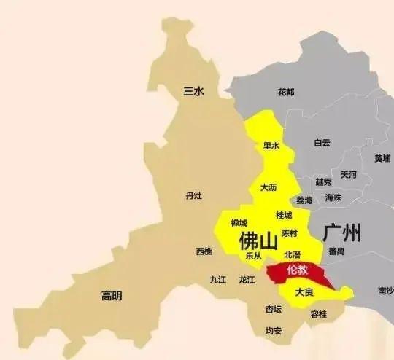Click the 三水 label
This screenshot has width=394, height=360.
click(x=193, y=91)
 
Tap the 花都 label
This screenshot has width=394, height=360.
click(x=286, y=93)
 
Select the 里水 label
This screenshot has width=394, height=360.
click(x=271, y=146)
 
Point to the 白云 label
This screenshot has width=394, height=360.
click(x=322, y=143)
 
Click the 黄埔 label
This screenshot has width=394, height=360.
click(x=382, y=158)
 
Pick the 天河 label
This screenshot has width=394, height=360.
click(x=349, y=175)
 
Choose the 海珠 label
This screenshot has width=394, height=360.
click(x=333, y=197)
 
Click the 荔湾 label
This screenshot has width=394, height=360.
click(x=304, y=200)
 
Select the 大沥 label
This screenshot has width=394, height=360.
click(x=269, y=188)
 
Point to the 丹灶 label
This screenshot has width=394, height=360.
click(x=193, y=196)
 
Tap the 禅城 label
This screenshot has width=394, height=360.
click(x=239, y=223)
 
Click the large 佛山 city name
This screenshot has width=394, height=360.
click(x=258, y=240)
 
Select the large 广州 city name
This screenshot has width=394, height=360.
click(x=341, y=235)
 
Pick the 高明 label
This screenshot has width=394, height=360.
click(x=112, y=295)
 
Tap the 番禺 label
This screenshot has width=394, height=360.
click(x=336, y=251)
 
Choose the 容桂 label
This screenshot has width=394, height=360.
click(x=319, y=314)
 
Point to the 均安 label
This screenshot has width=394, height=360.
click(x=274, y=330)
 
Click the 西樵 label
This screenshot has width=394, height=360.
click(x=204, y=251)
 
